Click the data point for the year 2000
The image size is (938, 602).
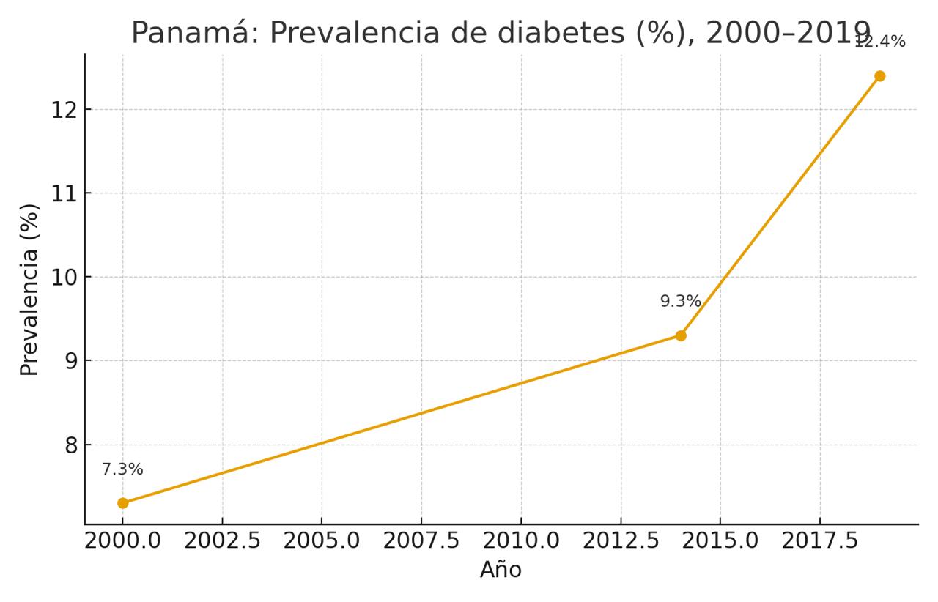(122, 503)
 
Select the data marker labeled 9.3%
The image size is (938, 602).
(681, 335)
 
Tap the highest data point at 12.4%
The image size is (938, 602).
(879, 76)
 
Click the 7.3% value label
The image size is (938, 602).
(122, 469)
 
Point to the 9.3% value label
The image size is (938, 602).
(681, 301)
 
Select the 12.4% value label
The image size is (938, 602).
(880, 42)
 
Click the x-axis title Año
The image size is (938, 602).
(501, 570)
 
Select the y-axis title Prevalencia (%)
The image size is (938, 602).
(29, 289)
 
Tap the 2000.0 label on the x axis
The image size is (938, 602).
(122, 542)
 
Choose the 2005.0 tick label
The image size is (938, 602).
(322, 542)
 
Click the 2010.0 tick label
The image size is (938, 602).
(521, 542)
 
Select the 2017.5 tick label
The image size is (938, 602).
(819, 542)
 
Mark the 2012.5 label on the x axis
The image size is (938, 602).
(621, 542)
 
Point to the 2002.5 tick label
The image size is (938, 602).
(222, 542)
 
